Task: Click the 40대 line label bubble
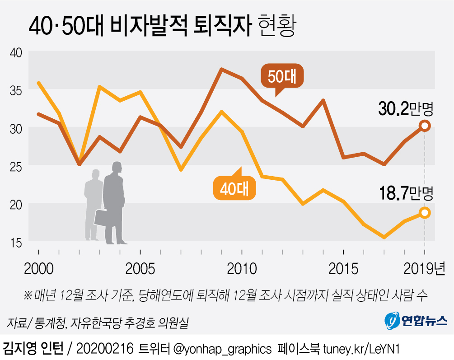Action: click(x=234, y=189)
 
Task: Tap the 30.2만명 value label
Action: click(x=406, y=108)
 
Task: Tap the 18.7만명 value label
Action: click(x=406, y=195)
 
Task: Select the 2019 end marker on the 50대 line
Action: click(x=425, y=126)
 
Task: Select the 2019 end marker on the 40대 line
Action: click(x=425, y=212)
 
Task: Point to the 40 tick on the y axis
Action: click(x=16, y=52)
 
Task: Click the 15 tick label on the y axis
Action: click(x=16, y=243)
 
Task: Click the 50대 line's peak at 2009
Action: click(x=221, y=69)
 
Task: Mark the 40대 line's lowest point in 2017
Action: click(x=384, y=237)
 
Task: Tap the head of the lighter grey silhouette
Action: click(x=95, y=175)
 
